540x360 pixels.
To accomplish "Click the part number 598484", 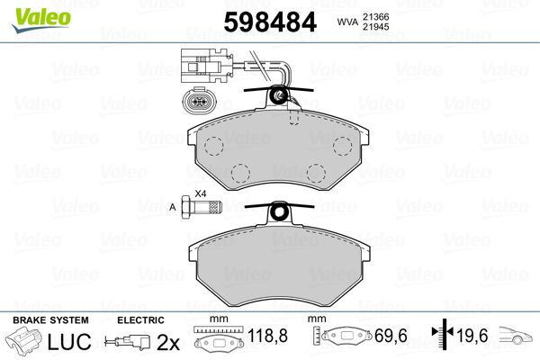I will (x=268, y=21).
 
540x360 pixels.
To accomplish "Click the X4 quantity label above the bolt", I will (x=201, y=193).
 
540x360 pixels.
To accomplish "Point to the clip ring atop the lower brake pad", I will (x=281, y=212).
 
